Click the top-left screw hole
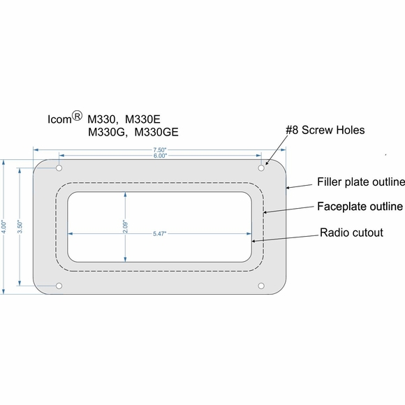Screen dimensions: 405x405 tap(59, 169)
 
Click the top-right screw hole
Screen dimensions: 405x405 tap(262, 169)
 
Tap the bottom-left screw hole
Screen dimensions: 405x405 tap(59, 286)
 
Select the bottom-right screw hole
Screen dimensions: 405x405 tap(262, 286)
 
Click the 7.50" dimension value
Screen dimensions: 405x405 tap(161, 149)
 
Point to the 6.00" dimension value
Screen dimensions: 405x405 tap(161, 156)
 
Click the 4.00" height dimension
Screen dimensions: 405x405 tap(6, 227)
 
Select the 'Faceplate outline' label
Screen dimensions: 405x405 tap(360, 207)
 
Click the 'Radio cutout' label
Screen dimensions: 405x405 tap(351, 233)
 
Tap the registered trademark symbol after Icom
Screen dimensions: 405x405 tap(78, 115)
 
